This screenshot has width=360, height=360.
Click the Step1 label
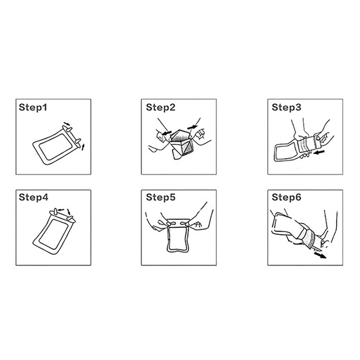33,107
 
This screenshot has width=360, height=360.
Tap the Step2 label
161,107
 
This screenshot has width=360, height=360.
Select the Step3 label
286,107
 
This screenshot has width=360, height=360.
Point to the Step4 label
33,197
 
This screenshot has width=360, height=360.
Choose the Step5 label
161,197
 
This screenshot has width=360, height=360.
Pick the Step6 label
286,197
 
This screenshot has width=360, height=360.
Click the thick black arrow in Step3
319,152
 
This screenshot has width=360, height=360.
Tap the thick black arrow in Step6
320,255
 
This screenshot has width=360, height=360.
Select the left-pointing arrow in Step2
166,133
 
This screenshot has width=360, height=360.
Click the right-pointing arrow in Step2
193,127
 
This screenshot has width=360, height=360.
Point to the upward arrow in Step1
83,147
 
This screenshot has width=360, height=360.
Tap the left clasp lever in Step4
55,211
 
